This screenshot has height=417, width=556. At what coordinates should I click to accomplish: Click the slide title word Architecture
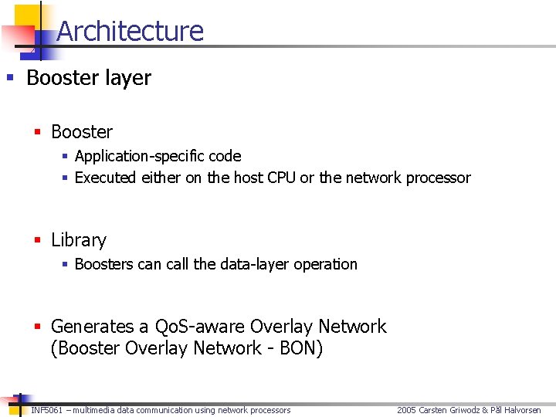[x=130, y=31]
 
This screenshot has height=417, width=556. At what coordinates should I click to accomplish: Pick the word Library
[x=78, y=240]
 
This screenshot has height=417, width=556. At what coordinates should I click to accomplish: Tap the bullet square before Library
[x=36, y=240]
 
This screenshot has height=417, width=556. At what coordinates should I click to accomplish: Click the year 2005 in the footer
[x=407, y=410]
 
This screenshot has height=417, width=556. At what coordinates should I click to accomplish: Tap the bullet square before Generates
[x=36, y=327]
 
